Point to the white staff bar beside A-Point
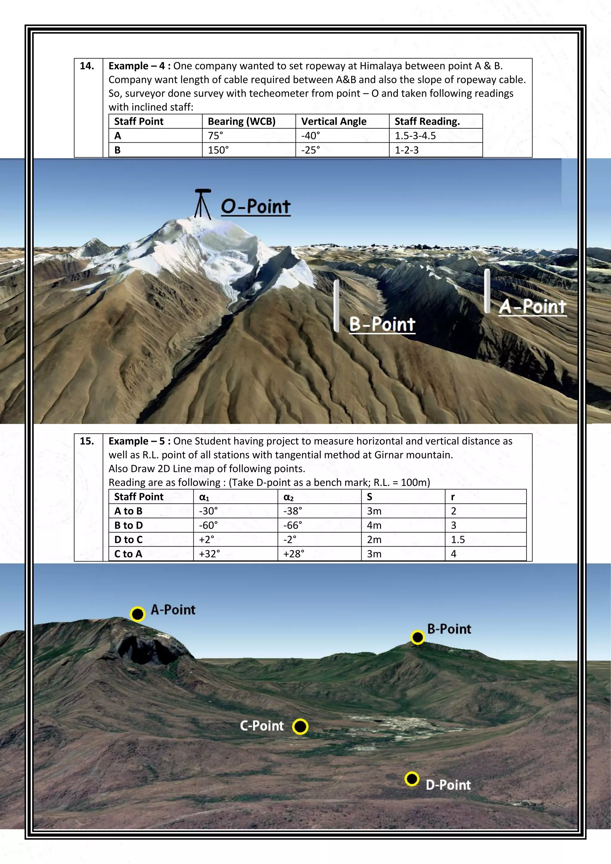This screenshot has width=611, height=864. [x=487, y=291]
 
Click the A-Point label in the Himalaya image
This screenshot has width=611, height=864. [x=532, y=307]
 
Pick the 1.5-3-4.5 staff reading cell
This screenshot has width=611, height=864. [x=415, y=136]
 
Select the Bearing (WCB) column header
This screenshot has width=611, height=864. [x=242, y=121]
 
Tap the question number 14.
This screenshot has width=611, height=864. [x=87, y=66]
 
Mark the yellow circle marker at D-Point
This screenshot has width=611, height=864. [x=412, y=779]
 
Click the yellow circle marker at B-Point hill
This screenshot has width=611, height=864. [x=418, y=637]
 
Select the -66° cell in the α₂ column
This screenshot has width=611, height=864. [x=293, y=525]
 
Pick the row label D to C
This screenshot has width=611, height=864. [x=128, y=540]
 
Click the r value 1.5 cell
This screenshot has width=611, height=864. [x=458, y=540]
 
